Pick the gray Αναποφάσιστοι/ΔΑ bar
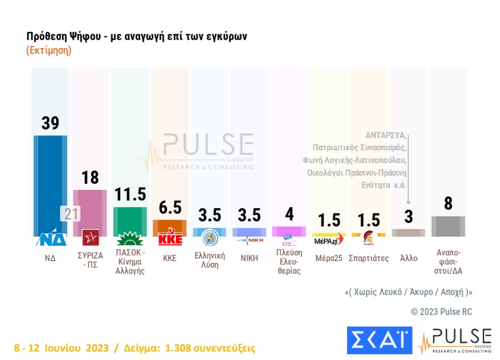click(x=448, y=226)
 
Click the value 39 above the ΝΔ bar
click(x=50, y=123)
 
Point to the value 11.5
click(x=130, y=194)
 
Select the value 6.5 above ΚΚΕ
click(x=170, y=208)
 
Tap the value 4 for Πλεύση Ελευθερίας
click(x=288, y=214)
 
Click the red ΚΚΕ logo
click(x=170, y=239)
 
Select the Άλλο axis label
click(x=408, y=258)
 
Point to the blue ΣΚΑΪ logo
click(x=379, y=340)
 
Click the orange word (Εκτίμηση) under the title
click(x=49, y=50)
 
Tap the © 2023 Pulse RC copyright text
click(x=441, y=311)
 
